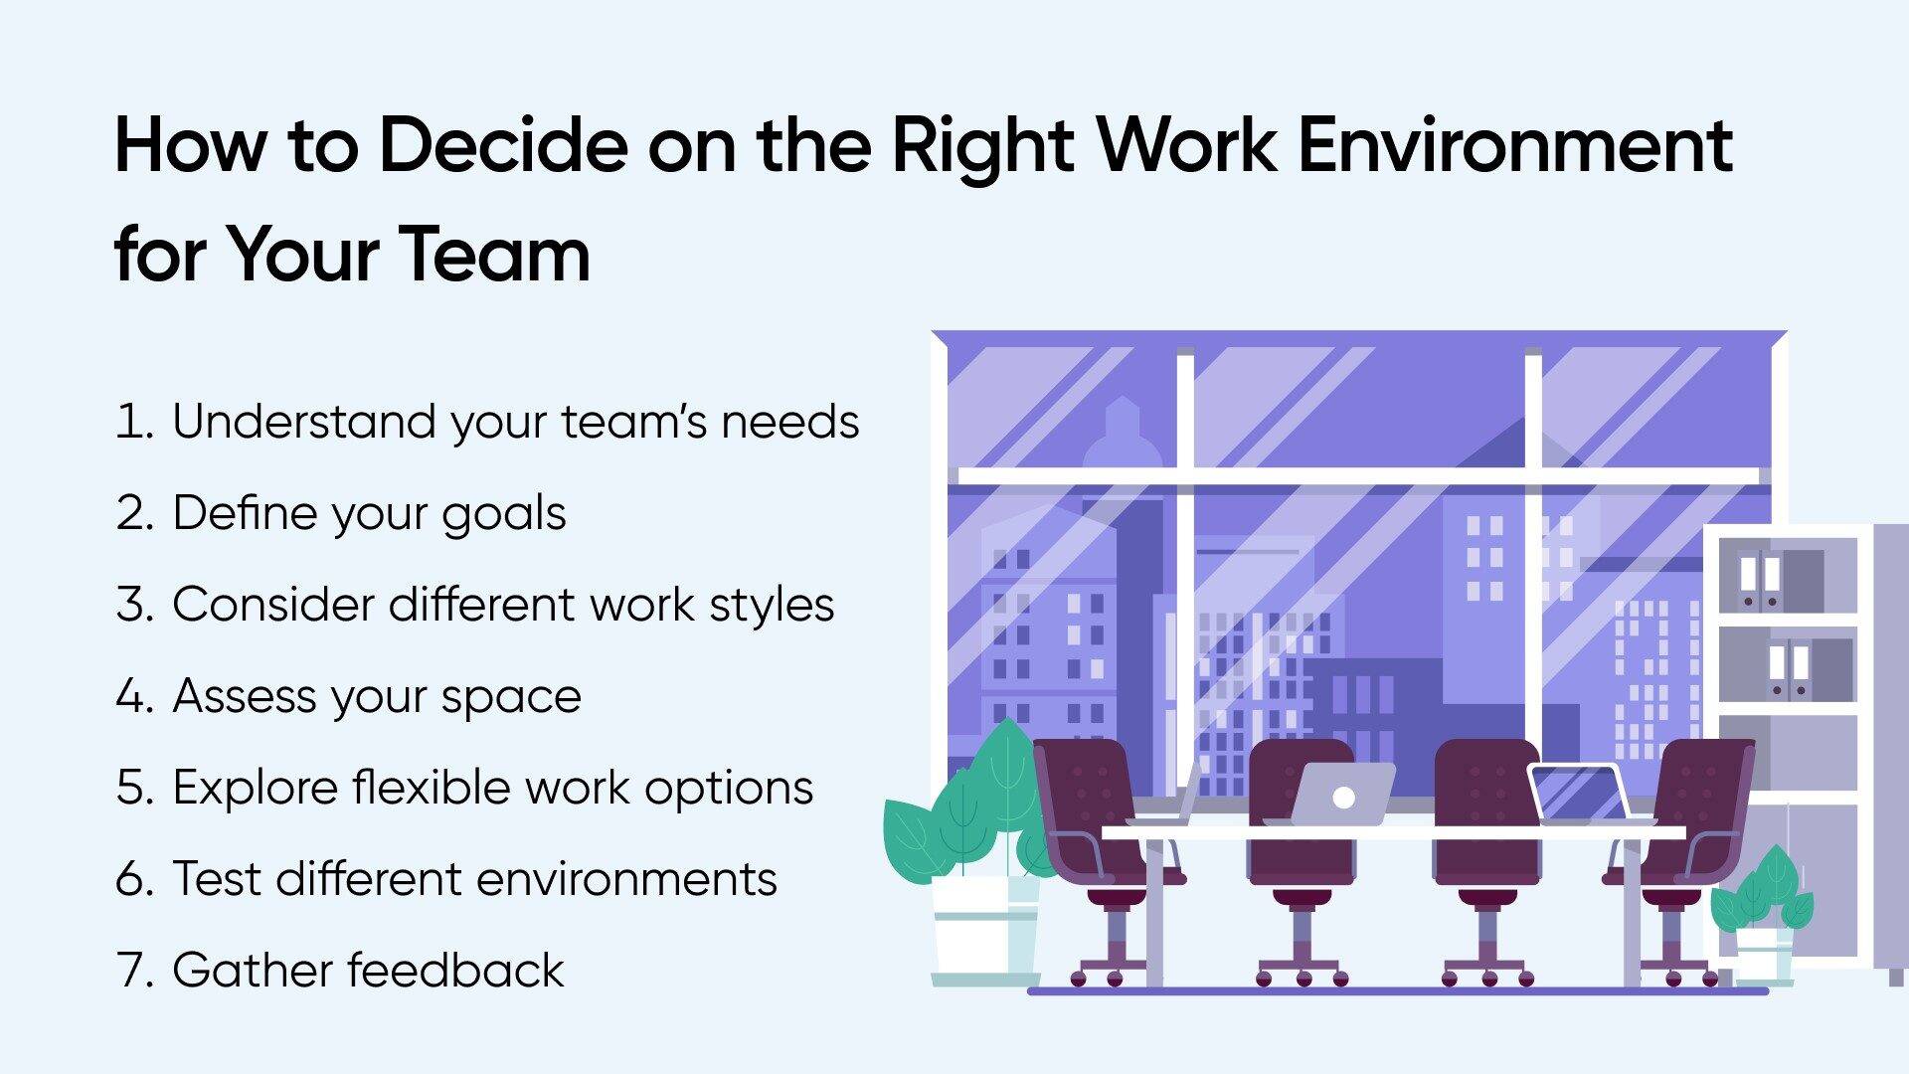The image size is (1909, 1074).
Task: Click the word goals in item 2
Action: tap(504, 515)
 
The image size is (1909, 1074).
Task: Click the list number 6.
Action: tap(134, 879)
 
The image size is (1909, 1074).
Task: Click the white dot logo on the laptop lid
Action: tap(1343, 797)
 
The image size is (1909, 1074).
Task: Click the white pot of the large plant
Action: tap(984, 929)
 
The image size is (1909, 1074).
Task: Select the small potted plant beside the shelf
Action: tap(1762, 915)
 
